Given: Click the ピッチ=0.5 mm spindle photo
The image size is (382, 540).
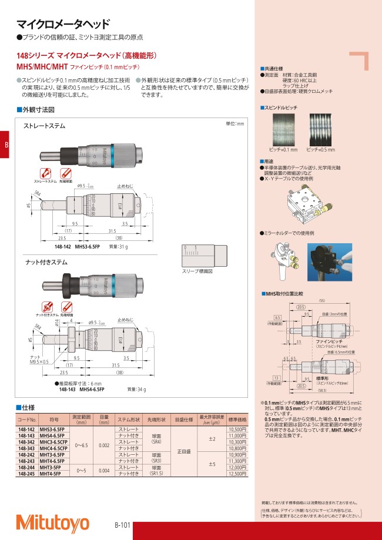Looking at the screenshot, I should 321,130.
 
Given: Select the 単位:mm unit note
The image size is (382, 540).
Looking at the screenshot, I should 234,124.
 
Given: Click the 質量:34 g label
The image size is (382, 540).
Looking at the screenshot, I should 136,389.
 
